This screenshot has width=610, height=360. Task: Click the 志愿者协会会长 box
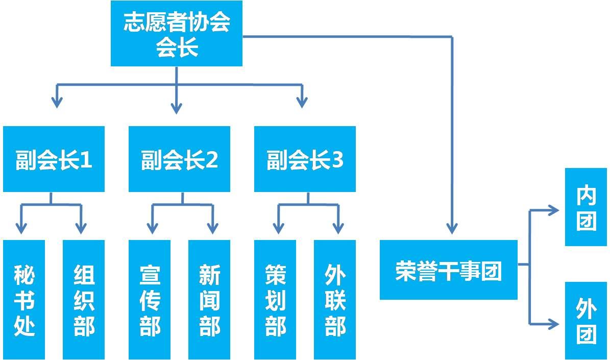pyautogui.click(x=177, y=34)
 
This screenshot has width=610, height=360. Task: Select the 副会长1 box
pyautogui.click(x=54, y=159)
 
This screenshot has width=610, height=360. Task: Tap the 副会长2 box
pyautogui.click(x=179, y=159)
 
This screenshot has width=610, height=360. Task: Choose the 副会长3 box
pyautogui.click(x=305, y=159)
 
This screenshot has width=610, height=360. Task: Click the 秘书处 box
pyautogui.click(x=24, y=300)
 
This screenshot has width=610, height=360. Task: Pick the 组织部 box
pyautogui.click(x=84, y=300)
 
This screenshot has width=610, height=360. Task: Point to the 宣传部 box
pyautogui.click(x=150, y=300)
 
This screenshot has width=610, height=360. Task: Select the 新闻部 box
pyautogui.click(x=209, y=300)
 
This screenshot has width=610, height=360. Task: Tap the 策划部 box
pyautogui.click(x=275, y=300)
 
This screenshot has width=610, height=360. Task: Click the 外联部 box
pyautogui.click(x=335, y=300)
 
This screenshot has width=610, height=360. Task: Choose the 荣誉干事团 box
pyautogui.click(x=449, y=270)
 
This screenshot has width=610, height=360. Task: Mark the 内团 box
pyautogui.click(x=586, y=207)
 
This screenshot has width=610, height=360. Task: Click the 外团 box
pyautogui.click(x=586, y=321)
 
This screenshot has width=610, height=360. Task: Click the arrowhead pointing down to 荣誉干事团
pyautogui.click(x=452, y=228)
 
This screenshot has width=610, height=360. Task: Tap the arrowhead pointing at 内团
pyautogui.click(x=553, y=210)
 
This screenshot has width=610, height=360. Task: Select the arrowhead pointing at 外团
pyautogui.click(x=553, y=324)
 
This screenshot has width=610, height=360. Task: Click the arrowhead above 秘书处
pyautogui.click(x=21, y=228)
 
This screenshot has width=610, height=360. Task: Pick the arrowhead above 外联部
pyautogui.click(x=338, y=228)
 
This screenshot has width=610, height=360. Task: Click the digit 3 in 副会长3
pyautogui.click(x=338, y=159)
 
